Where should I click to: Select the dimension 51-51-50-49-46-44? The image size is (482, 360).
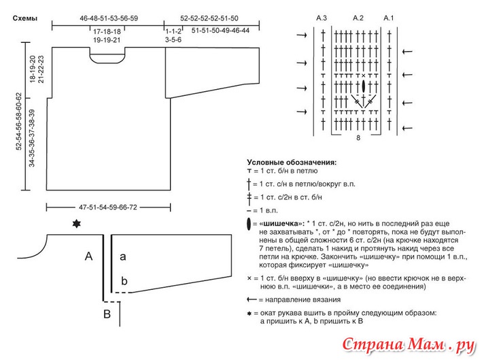(x=220, y=31)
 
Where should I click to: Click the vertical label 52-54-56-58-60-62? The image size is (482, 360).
(x=20, y=122)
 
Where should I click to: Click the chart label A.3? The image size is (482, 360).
(x=322, y=17)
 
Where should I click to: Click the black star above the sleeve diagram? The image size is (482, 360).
(x=75, y=225)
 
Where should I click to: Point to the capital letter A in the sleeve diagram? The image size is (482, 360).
(x=88, y=257)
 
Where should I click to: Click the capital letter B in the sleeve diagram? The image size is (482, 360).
(x=106, y=314)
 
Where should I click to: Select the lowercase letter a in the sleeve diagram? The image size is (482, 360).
(x=123, y=257)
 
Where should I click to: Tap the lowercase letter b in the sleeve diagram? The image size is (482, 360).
(x=124, y=280)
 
